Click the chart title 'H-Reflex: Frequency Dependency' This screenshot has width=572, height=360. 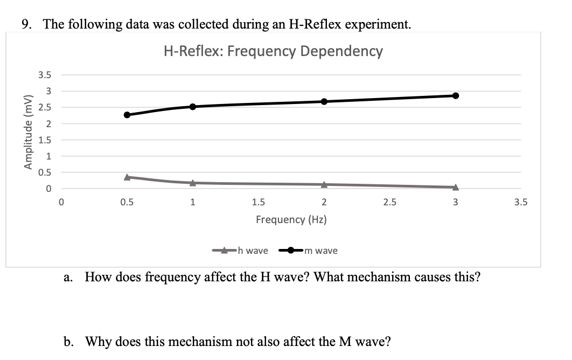[273, 51]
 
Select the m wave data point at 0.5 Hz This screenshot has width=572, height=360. [127, 115]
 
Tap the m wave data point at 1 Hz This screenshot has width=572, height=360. [193, 107]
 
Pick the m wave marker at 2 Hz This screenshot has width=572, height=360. [324, 101]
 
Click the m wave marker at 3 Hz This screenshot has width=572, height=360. [456, 95]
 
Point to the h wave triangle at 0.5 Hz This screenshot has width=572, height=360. [127, 177]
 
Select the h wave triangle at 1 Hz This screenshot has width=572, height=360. [193, 183]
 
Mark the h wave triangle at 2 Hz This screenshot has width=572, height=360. [324, 184]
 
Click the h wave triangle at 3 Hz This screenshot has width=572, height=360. [456, 187]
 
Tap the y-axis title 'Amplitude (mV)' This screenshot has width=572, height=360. [26, 131]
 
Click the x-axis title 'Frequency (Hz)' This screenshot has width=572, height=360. [291, 220]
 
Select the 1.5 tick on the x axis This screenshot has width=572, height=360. [258, 203]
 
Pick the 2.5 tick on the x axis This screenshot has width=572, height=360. [389, 203]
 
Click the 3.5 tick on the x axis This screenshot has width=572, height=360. [521, 203]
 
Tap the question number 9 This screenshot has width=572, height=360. [25, 24]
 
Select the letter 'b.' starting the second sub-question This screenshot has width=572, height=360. [69, 342]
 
